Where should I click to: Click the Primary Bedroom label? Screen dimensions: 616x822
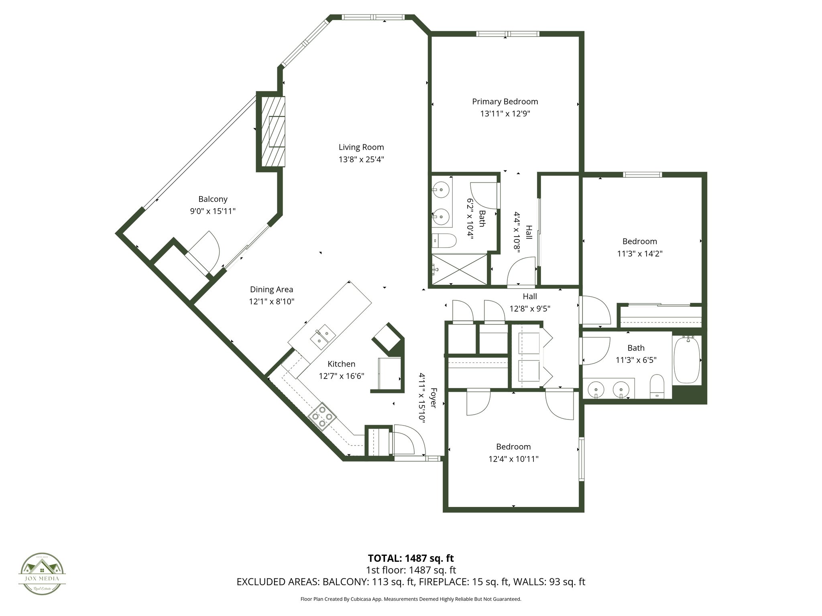pos(505,101)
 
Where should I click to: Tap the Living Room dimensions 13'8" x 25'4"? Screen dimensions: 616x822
pos(361,159)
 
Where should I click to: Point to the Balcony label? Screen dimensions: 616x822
pos(213,199)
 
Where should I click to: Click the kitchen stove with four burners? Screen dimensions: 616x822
pos(322,416)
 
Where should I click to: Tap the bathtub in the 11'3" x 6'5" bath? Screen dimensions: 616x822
pos(687,360)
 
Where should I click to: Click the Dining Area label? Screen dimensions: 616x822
pos(271,289)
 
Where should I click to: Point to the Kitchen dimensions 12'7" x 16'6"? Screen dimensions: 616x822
pos(341,376)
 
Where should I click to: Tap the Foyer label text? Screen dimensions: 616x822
pos(433,397)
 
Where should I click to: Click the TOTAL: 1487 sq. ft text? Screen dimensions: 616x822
pos(411,558)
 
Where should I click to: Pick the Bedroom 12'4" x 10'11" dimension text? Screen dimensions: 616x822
pos(513,459)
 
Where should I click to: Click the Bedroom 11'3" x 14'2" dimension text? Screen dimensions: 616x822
pos(639,253)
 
